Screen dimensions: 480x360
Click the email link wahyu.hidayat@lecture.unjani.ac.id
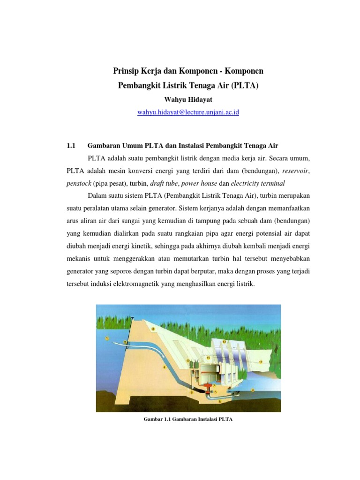pyautogui.click(x=188, y=112)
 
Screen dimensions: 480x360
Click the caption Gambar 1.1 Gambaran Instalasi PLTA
pyautogui.click(x=188, y=420)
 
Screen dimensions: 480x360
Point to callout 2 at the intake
pyautogui.click(x=125, y=343)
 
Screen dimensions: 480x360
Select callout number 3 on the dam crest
pyautogui.click(x=153, y=329)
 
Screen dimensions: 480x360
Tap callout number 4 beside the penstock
pyautogui.click(x=164, y=367)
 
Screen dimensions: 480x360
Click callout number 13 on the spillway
pyautogui.click(x=224, y=342)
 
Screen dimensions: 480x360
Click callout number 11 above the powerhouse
pyautogui.click(x=208, y=358)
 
